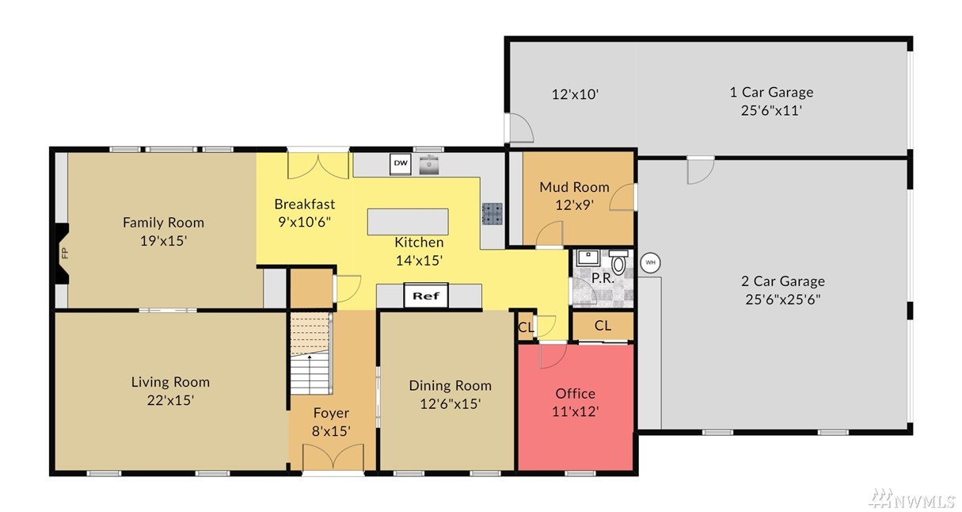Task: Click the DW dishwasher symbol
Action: pyautogui.click(x=401, y=164)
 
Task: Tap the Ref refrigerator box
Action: pyautogui.click(x=426, y=296)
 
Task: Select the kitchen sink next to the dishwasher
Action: pyautogui.click(x=428, y=164)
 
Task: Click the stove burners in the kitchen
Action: pyautogui.click(x=492, y=214)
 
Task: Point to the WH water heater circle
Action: pyautogui.click(x=650, y=262)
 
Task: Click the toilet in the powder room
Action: pyautogui.click(x=618, y=262)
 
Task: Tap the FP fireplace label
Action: pyautogui.click(x=65, y=253)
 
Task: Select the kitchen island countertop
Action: pyautogui.click(x=408, y=221)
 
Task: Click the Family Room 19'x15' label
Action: pyautogui.click(x=163, y=231)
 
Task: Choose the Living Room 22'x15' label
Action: pyautogui.click(x=170, y=391)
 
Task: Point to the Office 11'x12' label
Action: pyautogui.click(x=575, y=403)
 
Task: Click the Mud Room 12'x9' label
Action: pyautogui.click(x=574, y=196)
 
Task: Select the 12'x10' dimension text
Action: pyautogui.click(x=575, y=94)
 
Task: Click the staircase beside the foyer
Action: pyautogui.click(x=310, y=353)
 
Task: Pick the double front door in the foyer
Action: pyautogui.click(x=333, y=457)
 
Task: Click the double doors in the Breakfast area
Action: pyautogui.click(x=317, y=166)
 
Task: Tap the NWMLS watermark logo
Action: pyautogui.click(x=911, y=499)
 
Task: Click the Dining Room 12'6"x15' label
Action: pyautogui.click(x=450, y=394)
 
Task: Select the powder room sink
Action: pyautogui.click(x=587, y=257)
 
